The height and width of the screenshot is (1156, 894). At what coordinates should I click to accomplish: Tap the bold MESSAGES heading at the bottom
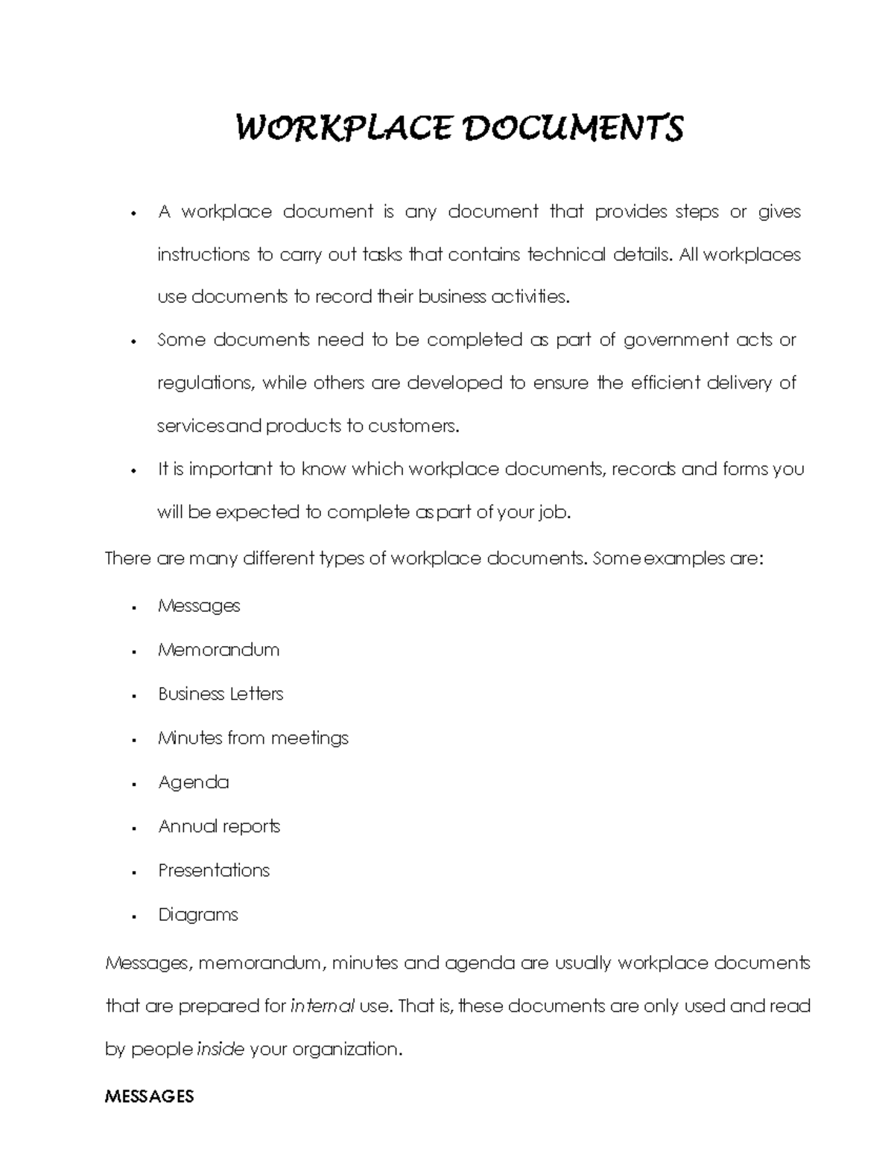tap(150, 1096)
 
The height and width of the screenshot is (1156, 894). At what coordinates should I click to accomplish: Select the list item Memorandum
tap(218, 650)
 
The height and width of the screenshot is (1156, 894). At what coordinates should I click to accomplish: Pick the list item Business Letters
tap(221, 694)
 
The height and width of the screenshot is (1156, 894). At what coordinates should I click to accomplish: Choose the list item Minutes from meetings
tap(253, 738)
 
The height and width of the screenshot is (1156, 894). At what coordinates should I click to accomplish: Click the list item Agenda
tap(194, 782)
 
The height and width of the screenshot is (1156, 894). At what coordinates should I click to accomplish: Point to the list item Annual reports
tap(219, 826)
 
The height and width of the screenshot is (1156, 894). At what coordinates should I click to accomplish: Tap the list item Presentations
tap(214, 870)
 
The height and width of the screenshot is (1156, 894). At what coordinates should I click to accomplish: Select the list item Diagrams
tap(198, 915)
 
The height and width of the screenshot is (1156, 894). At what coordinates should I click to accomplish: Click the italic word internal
tap(322, 1006)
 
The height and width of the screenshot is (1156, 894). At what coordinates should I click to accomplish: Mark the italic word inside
tap(220, 1050)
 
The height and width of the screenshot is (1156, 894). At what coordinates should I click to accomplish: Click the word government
tap(676, 341)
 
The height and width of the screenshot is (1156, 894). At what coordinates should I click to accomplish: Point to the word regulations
tap(206, 384)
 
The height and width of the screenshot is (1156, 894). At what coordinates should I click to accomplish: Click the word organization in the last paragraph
tap(346, 1050)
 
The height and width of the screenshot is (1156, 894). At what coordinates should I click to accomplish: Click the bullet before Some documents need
tap(133, 342)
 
